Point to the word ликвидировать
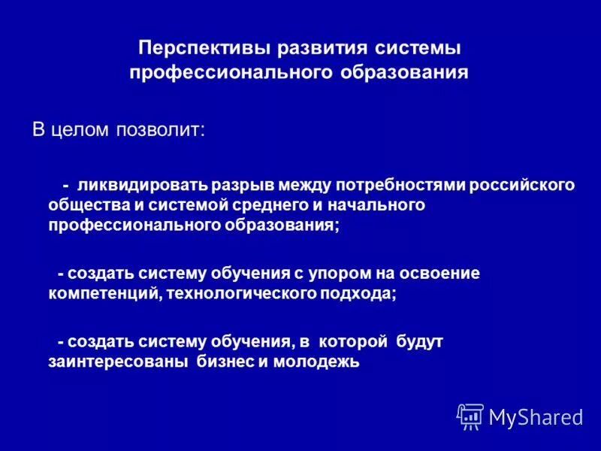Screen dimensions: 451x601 click(x=141, y=185)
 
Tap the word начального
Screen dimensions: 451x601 click(x=366, y=205)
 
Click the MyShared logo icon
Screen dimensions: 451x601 click(x=470, y=416)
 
